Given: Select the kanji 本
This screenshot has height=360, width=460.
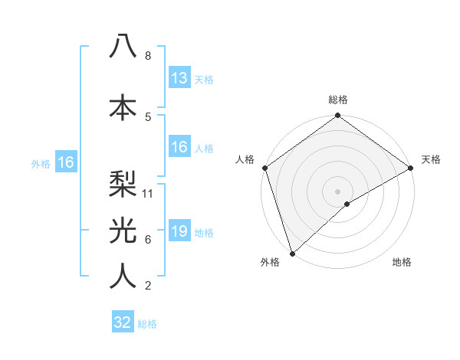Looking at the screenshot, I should (123, 106).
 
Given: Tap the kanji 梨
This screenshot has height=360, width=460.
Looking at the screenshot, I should (123, 182).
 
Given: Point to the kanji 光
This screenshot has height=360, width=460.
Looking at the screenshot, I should (123, 229).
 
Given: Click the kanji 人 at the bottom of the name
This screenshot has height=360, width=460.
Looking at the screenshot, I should (123, 276).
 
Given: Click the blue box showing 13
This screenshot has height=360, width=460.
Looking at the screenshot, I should (179, 78).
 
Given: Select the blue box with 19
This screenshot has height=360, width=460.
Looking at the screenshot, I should (179, 231).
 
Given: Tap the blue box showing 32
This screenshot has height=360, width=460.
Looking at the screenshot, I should (123, 322).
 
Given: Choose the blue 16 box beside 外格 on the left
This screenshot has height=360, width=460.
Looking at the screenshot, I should (65, 162).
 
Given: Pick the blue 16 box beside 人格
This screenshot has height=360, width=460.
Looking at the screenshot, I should (179, 147).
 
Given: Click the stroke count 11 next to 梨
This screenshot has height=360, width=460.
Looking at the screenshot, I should (149, 194).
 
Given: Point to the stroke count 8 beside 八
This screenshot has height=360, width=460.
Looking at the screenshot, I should (148, 56).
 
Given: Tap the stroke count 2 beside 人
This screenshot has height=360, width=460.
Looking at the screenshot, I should (148, 286).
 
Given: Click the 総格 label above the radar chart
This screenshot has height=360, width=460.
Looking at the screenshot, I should (338, 100).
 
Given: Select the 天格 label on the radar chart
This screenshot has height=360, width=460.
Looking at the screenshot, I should (431, 159).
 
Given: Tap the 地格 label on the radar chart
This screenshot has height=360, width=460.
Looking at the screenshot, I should (402, 263).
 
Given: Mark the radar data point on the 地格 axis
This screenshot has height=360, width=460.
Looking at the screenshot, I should (347, 204).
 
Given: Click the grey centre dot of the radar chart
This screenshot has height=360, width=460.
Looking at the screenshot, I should (337, 191).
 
